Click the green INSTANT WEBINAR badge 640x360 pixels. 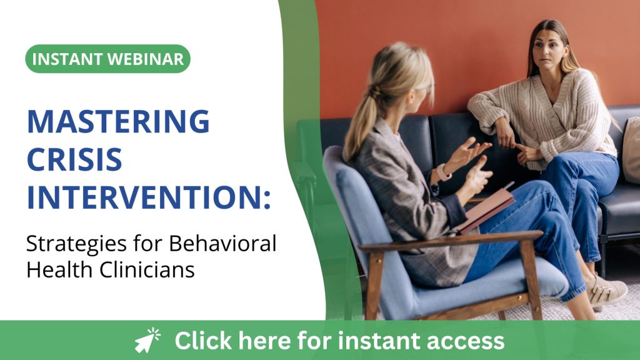pyautogui.click(x=107, y=59)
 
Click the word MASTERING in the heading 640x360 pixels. pyautogui.click(x=117, y=121)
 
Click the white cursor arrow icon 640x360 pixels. pyautogui.click(x=147, y=341)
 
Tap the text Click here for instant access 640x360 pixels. pyautogui.click(x=339, y=341)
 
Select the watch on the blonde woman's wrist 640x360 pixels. pyautogui.click(x=443, y=172)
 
